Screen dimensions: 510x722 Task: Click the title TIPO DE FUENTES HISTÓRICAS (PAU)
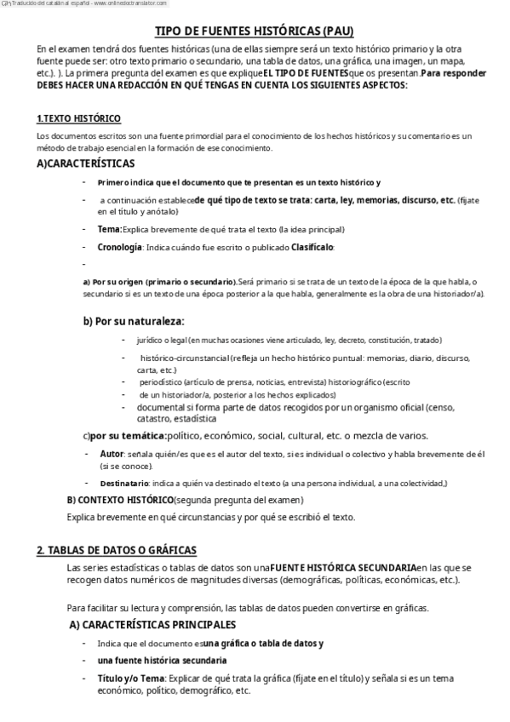click(255, 32)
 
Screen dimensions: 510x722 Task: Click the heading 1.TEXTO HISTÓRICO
click(78, 118)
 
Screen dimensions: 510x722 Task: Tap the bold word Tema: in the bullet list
click(110, 229)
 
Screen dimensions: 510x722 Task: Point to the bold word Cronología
click(120, 247)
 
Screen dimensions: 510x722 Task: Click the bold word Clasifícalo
click(312, 247)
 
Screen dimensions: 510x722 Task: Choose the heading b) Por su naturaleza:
click(133, 321)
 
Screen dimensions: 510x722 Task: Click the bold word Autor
click(112, 453)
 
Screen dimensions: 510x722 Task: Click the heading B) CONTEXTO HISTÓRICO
click(119, 499)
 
